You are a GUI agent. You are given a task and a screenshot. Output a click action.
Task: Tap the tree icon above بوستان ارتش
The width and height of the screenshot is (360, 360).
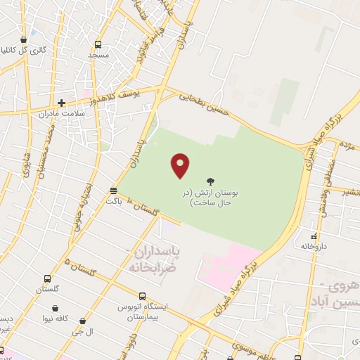pyautogui.click(x=211, y=181)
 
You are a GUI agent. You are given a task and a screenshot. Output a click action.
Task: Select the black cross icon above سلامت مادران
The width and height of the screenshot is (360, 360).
pyautogui.click(x=61, y=103)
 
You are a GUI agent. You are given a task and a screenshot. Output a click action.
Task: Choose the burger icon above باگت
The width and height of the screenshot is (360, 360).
pyautogui.click(x=114, y=191)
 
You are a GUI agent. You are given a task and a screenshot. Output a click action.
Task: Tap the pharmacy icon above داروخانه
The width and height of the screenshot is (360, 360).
pyautogui.click(x=314, y=236)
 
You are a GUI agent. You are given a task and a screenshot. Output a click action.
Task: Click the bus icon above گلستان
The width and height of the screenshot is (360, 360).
pyautogui.click(x=47, y=278)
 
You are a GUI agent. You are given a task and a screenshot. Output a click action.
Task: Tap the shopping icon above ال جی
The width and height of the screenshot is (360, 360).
pyautogui.click(x=83, y=321)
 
